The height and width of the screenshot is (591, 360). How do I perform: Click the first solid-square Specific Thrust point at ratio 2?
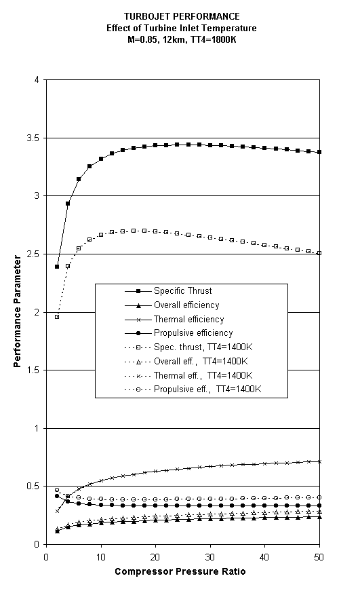(57, 267)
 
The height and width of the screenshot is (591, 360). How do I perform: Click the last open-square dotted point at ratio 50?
(319, 253)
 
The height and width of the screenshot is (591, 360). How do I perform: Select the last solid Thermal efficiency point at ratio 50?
(319, 461)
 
